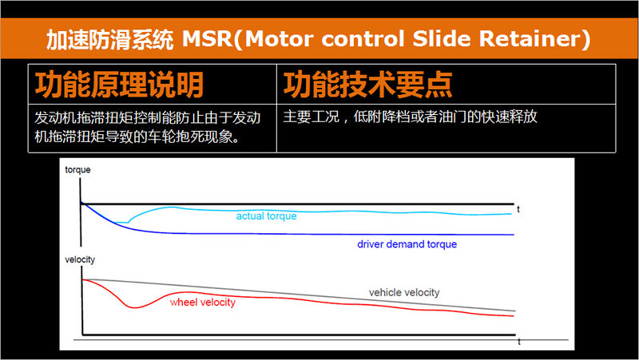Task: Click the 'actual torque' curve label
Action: [x=266, y=216]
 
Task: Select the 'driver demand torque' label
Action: [x=407, y=244]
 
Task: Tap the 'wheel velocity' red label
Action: [x=203, y=303]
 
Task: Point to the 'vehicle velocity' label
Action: [x=404, y=292]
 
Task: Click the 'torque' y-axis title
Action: [x=77, y=170]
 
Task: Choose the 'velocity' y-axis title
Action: [x=80, y=259]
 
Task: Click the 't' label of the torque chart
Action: [x=518, y=209]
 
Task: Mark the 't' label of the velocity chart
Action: [x=518, y=342]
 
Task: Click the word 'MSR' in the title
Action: [x=208, y=39]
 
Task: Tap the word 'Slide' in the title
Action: [x=442, y=39]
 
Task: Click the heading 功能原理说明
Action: [x=119, y=85]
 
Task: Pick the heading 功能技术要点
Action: [x=367, y=85]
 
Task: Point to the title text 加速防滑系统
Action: [x=109, y=40]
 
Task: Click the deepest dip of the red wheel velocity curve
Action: [x=133, y=307]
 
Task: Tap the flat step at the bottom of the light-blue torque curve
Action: [x=121, y=223]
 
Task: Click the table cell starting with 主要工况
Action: [x=446, y=129]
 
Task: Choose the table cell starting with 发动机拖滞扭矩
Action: [x=153, y=129]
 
